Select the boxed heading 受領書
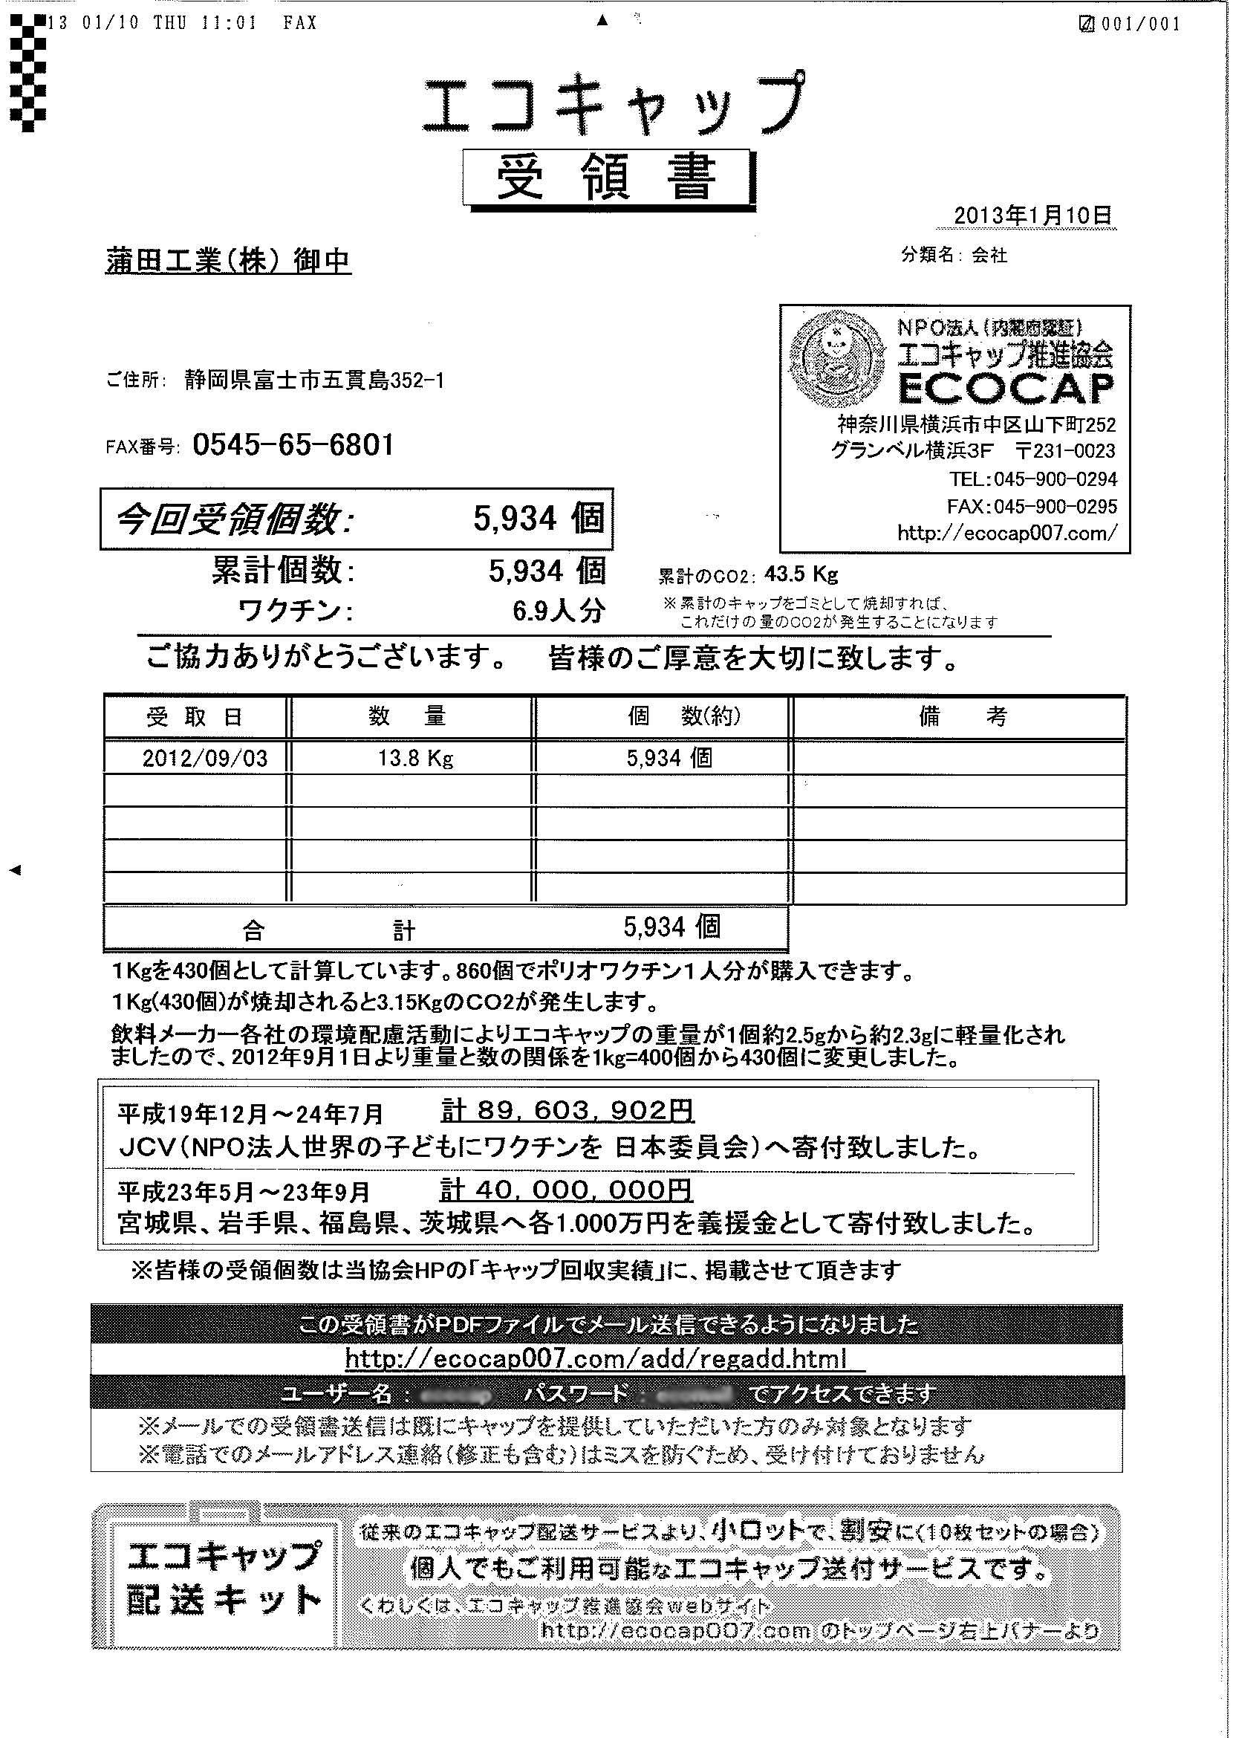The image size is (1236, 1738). tap(607, 179)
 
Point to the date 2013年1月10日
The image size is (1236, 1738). tap(1032, 215)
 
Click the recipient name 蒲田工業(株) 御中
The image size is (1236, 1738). tap(227, 261)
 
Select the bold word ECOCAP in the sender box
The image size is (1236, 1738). tap(1006, 387)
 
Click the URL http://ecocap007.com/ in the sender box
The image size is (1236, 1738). tap(1007, 533)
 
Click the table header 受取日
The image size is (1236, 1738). tap(195, 717)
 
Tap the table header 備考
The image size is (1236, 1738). tap(962, 717)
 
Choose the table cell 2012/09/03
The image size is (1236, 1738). tap(205, 758)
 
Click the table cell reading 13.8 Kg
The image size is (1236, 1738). tap(415, 758)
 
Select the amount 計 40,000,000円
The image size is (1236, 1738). tap(567, 1189)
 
